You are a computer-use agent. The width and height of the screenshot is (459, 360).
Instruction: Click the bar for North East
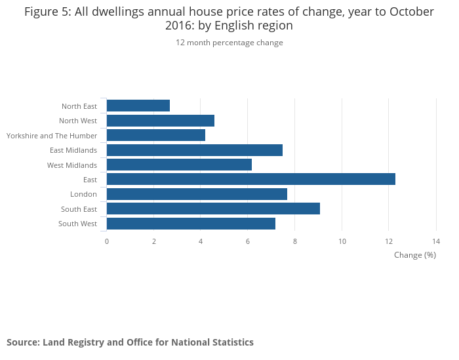[138, 106]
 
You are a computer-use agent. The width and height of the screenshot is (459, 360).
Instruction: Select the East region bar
[250, 179]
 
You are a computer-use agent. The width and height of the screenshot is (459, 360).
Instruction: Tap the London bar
[197, 194]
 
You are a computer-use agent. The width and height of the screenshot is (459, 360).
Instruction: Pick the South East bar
[213, 209]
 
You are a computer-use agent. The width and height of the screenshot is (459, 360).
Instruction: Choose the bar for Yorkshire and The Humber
[156, 135]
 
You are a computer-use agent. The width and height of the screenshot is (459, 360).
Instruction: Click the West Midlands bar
[179, 165]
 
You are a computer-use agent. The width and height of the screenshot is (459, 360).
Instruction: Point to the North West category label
[78, 121]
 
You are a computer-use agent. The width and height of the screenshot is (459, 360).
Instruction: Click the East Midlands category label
[73, 150]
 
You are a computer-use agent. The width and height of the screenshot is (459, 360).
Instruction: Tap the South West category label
[77, 224]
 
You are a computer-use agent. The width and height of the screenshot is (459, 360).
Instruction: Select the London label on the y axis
[83, 194]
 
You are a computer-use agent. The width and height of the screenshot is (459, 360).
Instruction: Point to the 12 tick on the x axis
[389, 241]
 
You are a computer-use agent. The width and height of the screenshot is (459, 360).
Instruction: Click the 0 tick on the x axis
[107, 241]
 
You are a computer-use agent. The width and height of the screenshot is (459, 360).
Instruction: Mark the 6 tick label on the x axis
[248, 241]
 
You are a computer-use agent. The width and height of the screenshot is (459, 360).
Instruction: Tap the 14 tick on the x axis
[436, 241]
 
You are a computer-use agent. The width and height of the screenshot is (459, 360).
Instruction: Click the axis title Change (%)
[415, 254]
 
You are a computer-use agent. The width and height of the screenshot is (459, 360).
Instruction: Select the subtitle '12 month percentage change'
[229, 43]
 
